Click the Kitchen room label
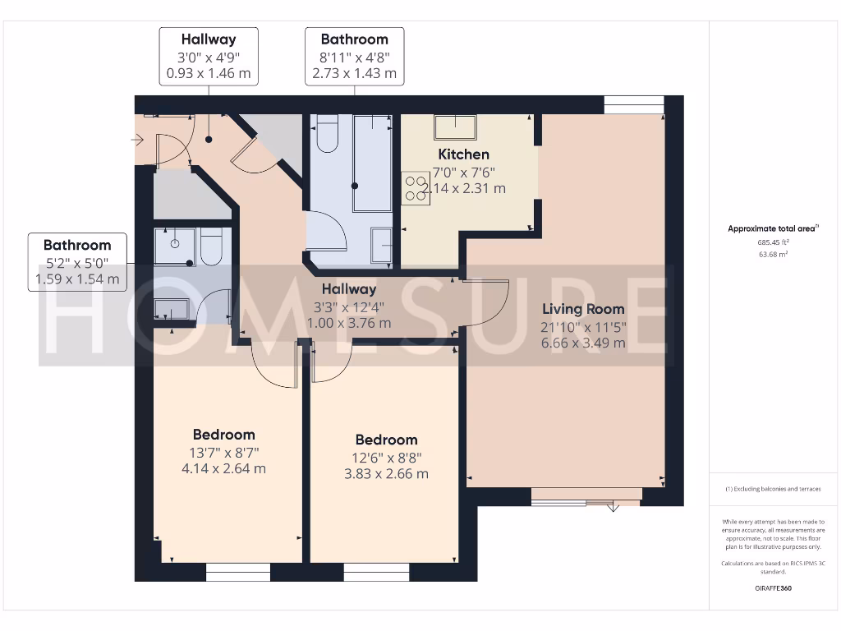[463, 154]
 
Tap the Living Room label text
[583, 309]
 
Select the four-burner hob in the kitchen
[411, 188]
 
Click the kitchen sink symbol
[455, 127]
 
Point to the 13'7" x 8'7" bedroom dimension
[224, 452]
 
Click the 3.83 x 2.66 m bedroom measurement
[386, 474]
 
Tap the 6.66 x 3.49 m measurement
[583, 343]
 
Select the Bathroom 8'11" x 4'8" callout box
[354, 56]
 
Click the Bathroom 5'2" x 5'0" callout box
[77, 262]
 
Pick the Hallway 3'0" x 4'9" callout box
[209, 56]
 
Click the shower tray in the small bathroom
[174, 246]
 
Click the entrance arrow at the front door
[136, 140]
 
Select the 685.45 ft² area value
[772, 243]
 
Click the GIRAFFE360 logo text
[772, 588]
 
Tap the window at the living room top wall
[633, 104]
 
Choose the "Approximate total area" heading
[772, 228]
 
